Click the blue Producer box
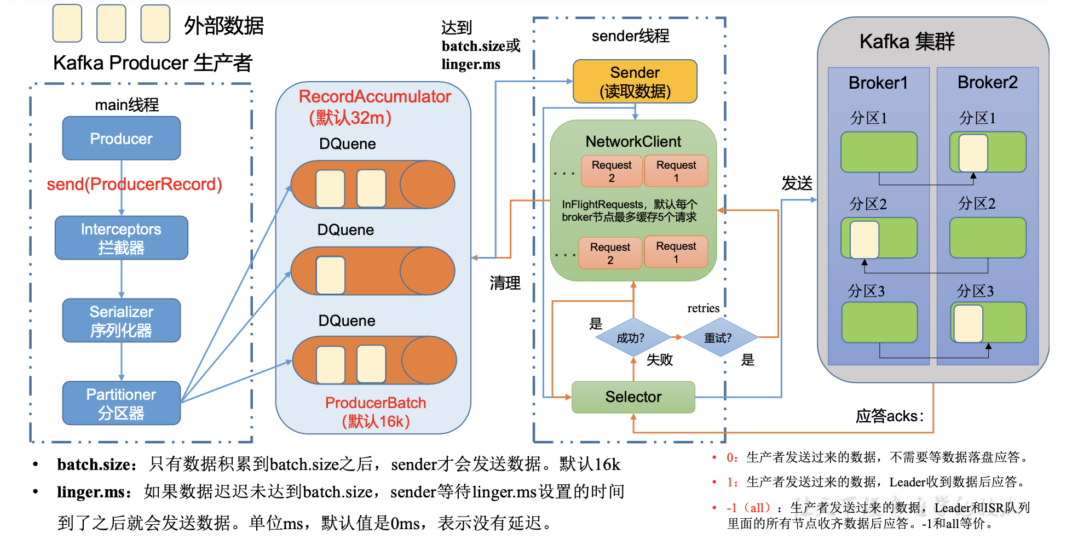(x=121, y=139)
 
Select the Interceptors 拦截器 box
(x=121, y=238)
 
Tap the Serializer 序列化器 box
(x=121, y=320)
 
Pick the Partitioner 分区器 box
(x=121, y=403)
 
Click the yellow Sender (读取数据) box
(x=635, y=82)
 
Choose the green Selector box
(x=633, y=397)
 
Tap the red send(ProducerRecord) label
(x=134, y=185)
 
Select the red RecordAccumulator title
(x=374, y=97)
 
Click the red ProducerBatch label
(x=375, y=403)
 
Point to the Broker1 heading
(x=878, y=83)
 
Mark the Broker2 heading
(x=987, y=83)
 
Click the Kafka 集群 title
(x=907, y=42)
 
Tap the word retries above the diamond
(x=703, y=308)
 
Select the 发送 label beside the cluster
(x=797, y=184)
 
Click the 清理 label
(x=505, y=283)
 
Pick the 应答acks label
(x=889, y=416)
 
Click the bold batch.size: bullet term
(x=96, y=465)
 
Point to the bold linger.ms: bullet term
(x=94, y=492)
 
